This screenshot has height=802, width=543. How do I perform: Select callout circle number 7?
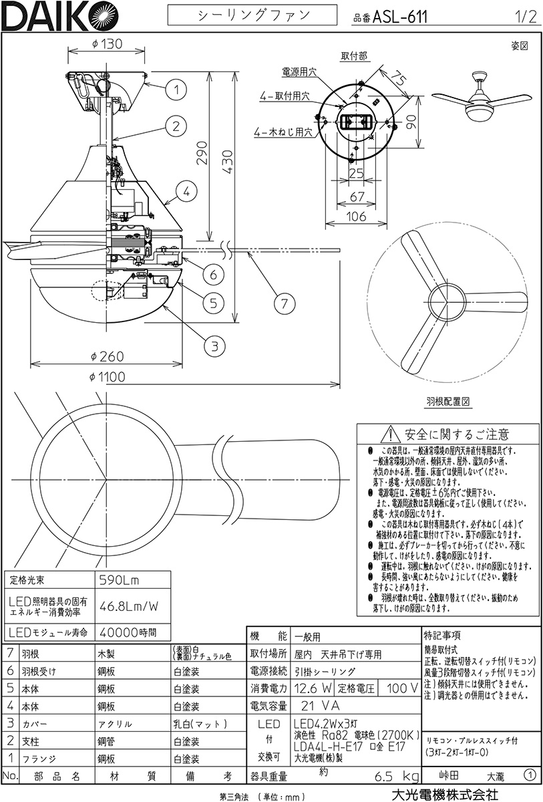pos(285,303)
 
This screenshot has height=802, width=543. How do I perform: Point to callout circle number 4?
pos(188,192)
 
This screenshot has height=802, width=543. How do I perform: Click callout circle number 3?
pos(214,346)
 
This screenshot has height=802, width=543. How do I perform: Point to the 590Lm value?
pos(118,580)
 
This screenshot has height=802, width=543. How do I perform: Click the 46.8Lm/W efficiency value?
pos(129,607)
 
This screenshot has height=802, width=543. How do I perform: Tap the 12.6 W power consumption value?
pos(313,688)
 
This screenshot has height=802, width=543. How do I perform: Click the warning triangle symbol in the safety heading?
pos(389,434)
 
